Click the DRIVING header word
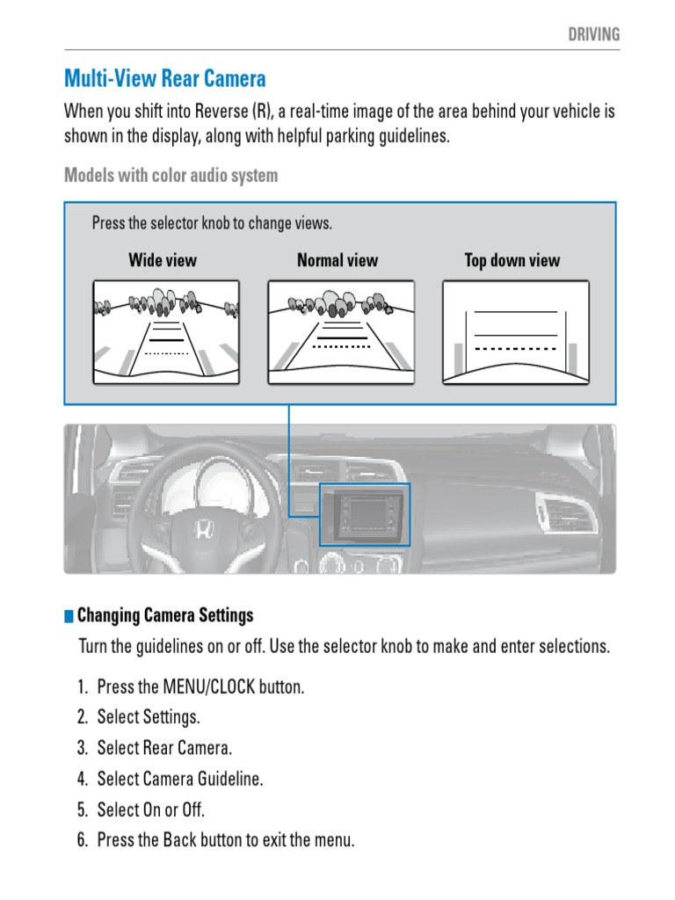594,34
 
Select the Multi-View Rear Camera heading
165,79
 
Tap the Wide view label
163,260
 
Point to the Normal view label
337,260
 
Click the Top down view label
512,260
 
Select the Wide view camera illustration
166,331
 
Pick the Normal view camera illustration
341,331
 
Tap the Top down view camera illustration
515,331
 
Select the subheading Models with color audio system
171,175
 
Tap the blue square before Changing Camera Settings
69,615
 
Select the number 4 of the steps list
82,779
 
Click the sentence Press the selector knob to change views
212,223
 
